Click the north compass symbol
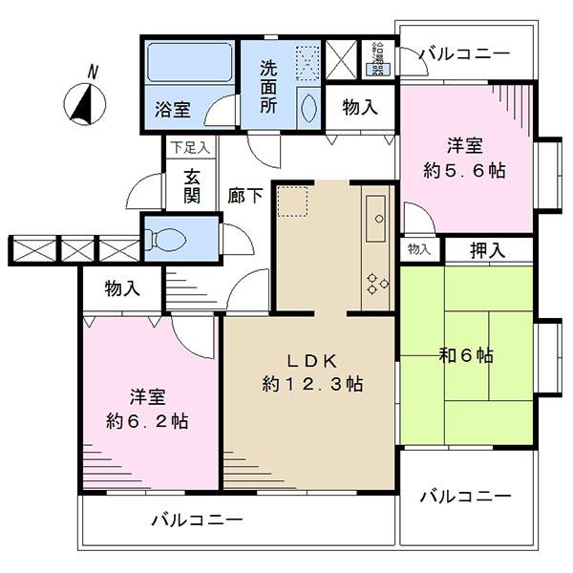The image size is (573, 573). pos(87,102)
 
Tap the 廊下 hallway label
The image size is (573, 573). pos(245,196)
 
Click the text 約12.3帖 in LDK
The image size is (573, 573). pos(311,385)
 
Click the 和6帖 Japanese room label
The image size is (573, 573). pos(465,356)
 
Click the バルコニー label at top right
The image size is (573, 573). pos(464,53)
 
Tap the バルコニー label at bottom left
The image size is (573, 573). pos(197,520)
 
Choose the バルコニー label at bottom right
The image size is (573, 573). pos(465,497)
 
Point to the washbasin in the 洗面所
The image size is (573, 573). pos(308,106)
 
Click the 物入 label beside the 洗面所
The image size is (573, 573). pos(359,108)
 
